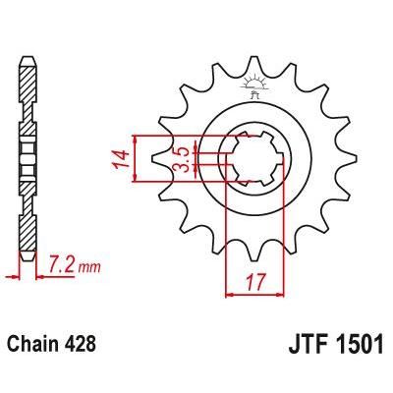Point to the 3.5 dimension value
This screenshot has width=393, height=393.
tap(182, 160)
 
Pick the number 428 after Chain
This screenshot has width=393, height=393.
tap(80, 347)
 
